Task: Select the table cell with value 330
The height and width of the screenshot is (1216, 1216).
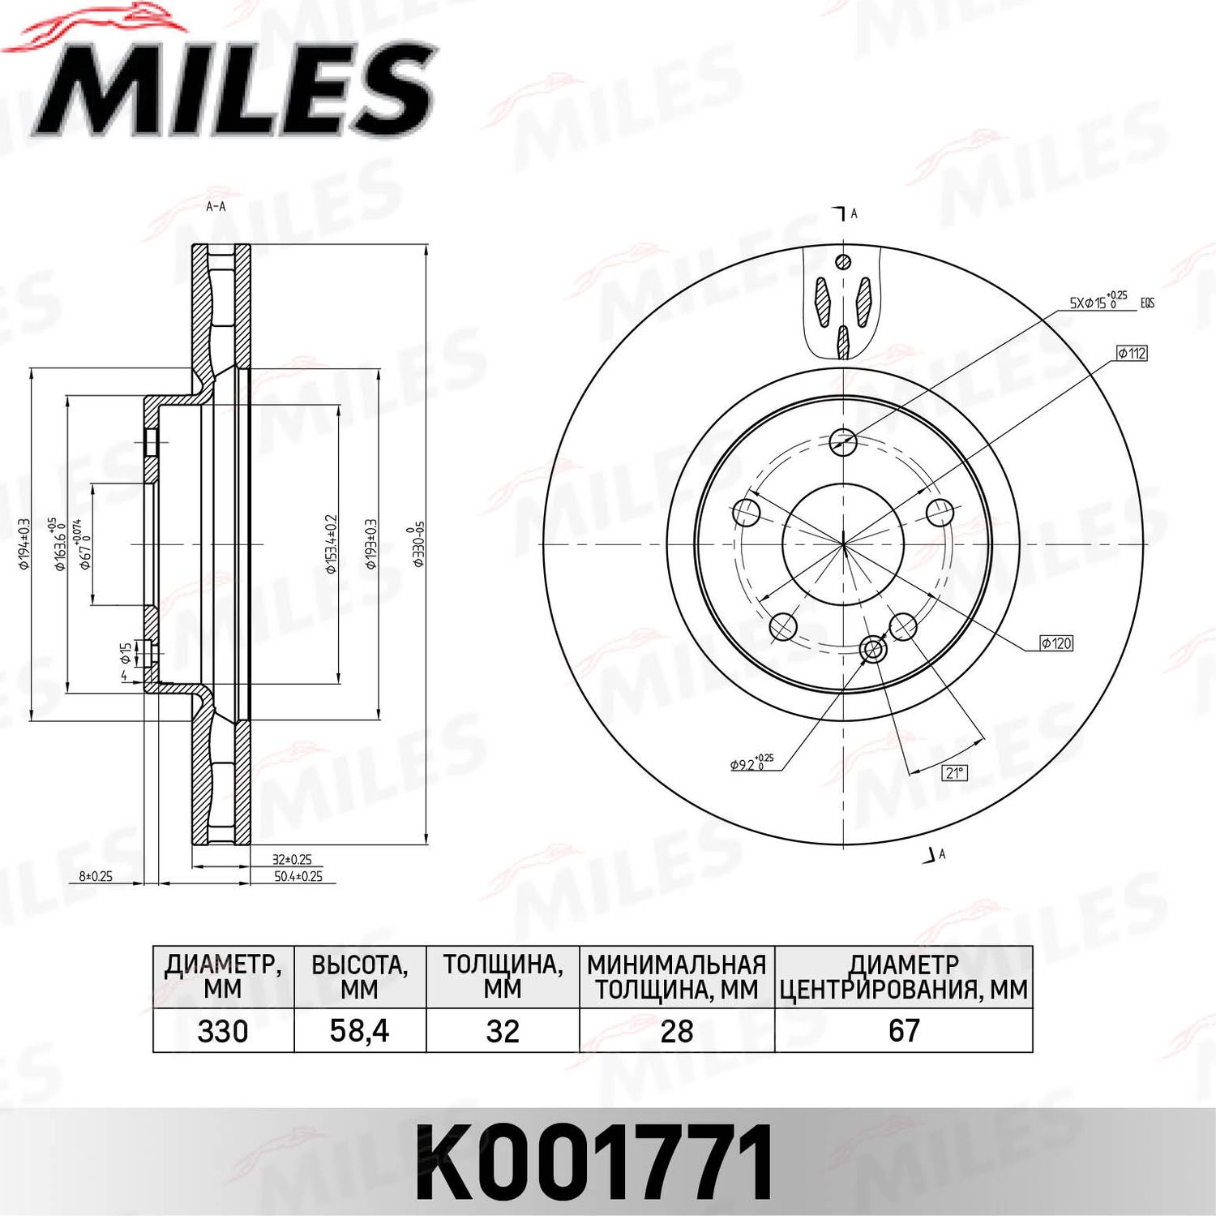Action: [x=223, y=1031]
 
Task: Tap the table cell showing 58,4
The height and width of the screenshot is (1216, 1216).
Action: [x=359, y=1031]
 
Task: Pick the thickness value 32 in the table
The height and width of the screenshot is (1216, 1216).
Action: [x=503, y=1031]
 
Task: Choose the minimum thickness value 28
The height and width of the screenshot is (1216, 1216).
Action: [x=677, y=1031]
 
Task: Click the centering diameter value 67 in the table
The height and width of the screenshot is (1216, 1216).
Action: [x=904, y=1031]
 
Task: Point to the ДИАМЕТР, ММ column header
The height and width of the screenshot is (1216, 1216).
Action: [x=223, y=977]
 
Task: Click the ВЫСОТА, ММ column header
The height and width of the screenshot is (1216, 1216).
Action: [x=359, y=977]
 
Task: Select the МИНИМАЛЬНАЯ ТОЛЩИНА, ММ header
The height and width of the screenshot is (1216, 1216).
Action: [x=677, y=977]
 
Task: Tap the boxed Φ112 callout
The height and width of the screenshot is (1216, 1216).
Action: [x=1132, y=353]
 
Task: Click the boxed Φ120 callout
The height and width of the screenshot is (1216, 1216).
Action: [x=1057, y=643]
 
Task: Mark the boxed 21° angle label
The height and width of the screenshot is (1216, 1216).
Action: [x=955, y=772]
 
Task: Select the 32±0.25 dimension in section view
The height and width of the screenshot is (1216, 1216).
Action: [x=292, y=859]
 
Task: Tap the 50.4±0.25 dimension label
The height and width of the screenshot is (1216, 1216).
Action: [x=298, y=876]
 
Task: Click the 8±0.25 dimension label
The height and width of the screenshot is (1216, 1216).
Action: [x=96, y=876]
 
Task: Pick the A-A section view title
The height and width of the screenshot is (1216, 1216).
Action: [x=216, y=207]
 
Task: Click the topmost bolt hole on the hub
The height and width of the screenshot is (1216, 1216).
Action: [x=844, y=441]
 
